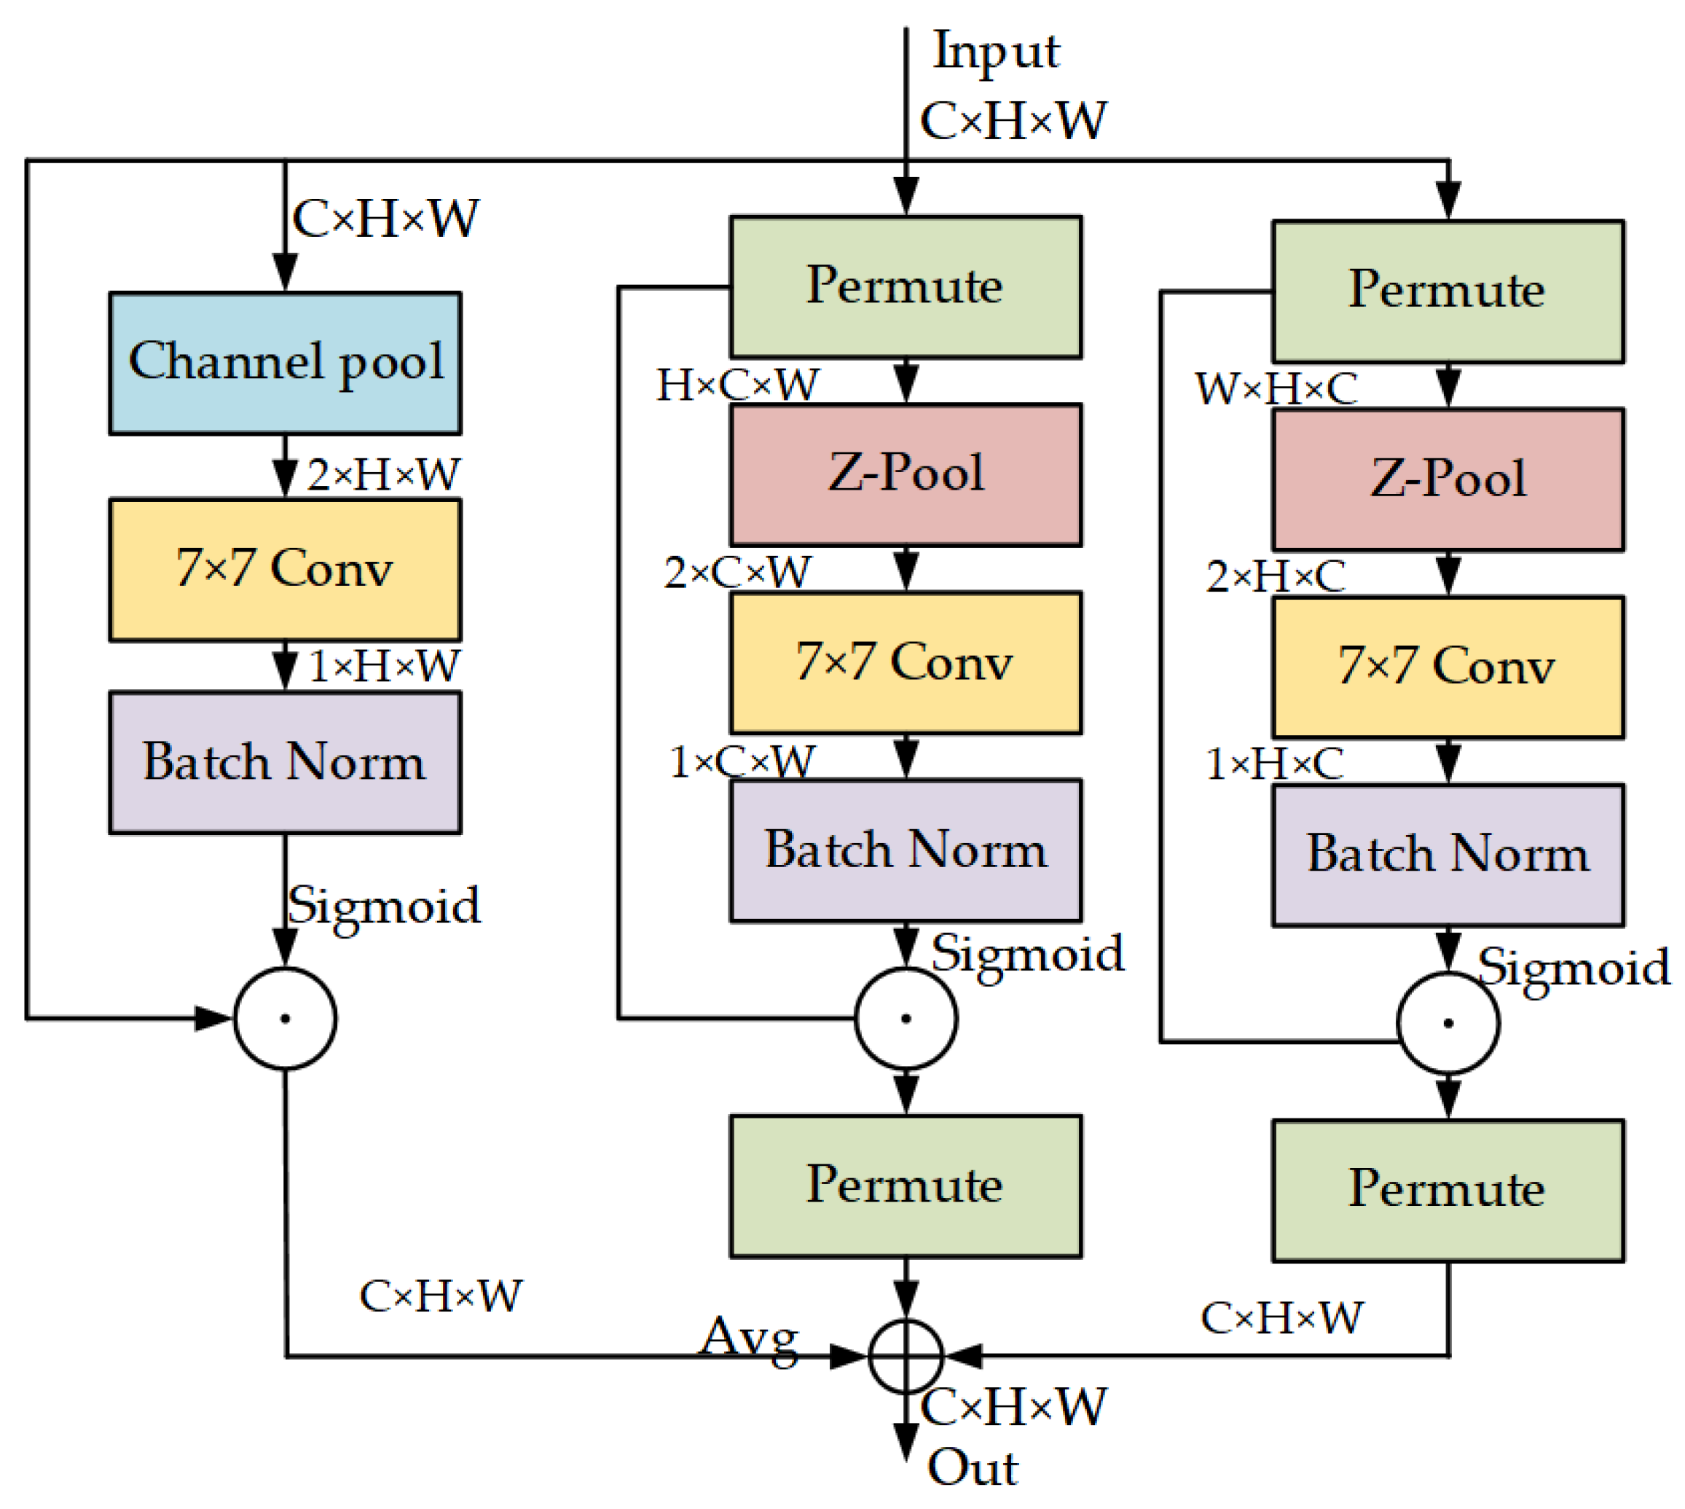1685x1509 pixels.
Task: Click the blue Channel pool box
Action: click(285, 362)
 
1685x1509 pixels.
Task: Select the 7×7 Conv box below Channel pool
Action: click(285, 570)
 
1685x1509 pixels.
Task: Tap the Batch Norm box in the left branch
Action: click(285, 762)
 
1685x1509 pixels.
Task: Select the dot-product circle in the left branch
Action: click(285, 1017)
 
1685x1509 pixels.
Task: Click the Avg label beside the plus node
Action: click(750, 1337)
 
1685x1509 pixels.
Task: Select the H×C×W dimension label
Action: click(737, 385)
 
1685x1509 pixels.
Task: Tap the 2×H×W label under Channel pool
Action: click(383, 475)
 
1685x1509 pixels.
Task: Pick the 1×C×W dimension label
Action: click(742, 761)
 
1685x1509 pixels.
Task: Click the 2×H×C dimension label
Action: click(1275, 576)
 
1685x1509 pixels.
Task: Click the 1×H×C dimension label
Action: click(1274, 764)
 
